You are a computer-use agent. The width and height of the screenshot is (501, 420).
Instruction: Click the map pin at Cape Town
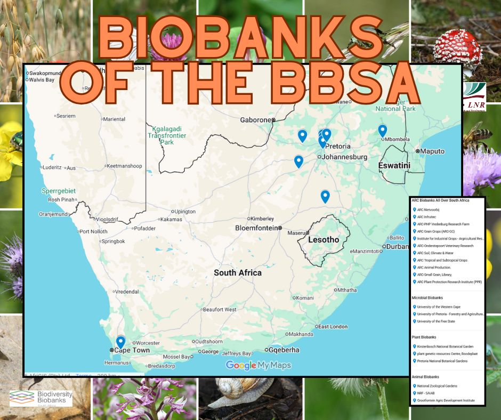(x=120, y=342)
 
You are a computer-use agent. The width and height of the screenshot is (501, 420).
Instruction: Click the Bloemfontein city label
(x=257, y=228)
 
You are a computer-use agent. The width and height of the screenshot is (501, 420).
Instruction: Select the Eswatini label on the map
(x=394, y=166)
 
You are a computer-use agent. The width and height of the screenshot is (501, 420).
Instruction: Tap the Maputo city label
(x=432, y=151)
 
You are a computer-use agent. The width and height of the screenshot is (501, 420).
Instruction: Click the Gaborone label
(x=256, y=120)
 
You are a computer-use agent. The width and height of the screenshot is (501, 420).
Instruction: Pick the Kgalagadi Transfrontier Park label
(x=167, y=135)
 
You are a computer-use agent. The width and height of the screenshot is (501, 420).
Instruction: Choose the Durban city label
(x=397, y=246)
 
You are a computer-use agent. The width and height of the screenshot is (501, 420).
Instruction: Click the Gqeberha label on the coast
(x=282, y=350)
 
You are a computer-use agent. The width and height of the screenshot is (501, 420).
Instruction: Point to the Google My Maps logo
(x=258, y=365)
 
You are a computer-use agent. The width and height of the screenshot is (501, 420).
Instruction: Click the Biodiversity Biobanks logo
(x=41, y=397)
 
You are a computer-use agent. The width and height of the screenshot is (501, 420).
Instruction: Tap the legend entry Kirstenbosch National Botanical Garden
(x=442, y=346)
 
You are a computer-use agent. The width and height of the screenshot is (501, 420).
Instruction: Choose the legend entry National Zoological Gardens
(x=437, y=386)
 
